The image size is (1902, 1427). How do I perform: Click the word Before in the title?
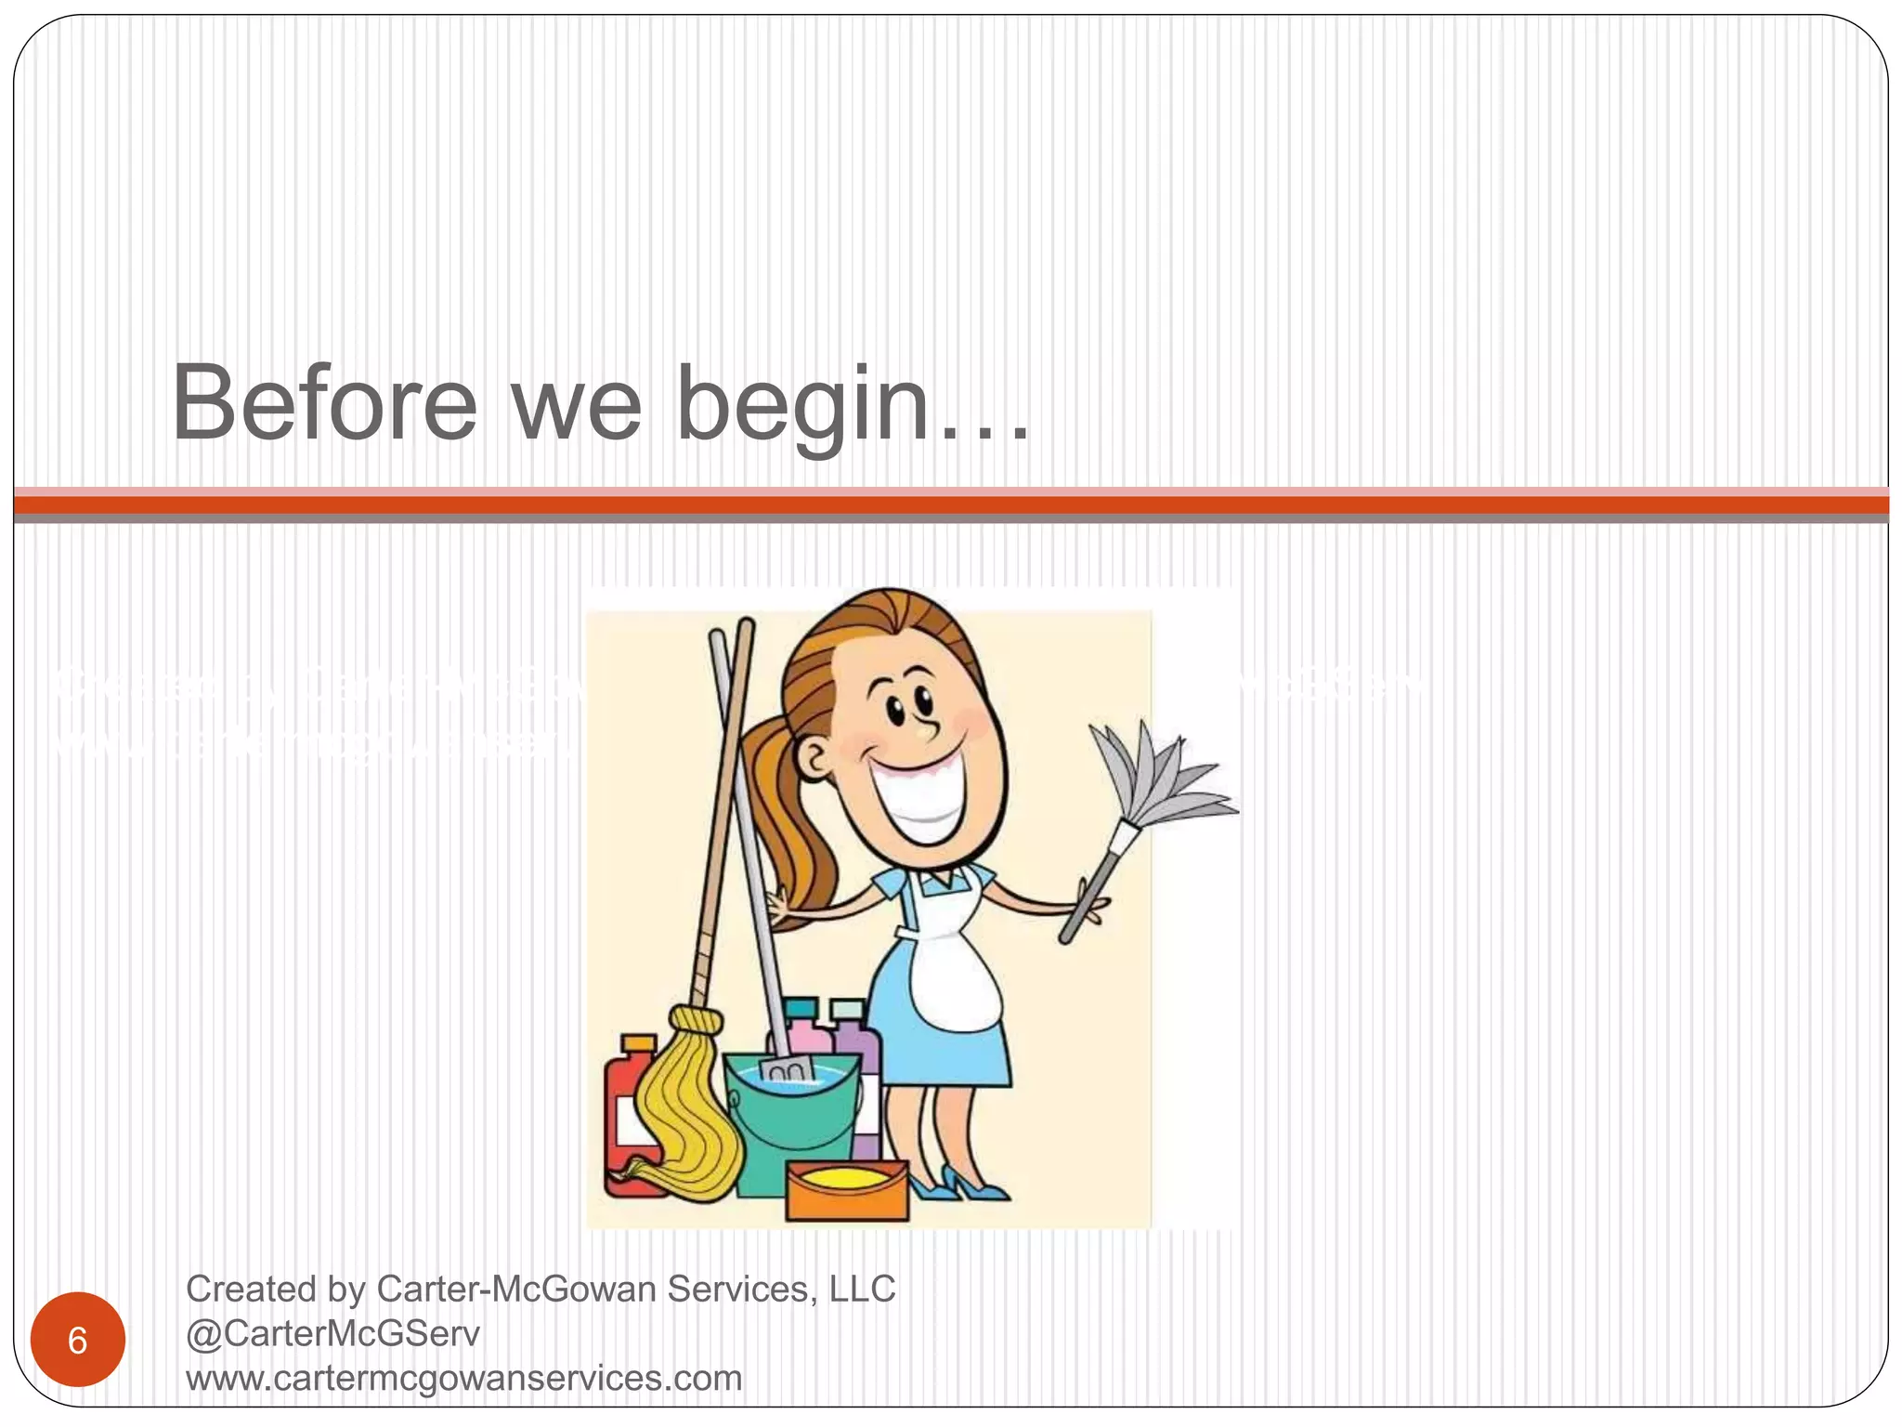(x=324, y=404)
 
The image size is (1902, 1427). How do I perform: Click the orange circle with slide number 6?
(x=78, y=1340)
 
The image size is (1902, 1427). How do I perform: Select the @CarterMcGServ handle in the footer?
(x=332, y=1333)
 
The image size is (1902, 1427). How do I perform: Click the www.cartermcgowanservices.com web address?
(x=463, y=1378)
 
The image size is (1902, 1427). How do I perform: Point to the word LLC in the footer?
(x=862, y=1290)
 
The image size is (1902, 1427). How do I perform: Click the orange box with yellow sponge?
(x=846, y=1189)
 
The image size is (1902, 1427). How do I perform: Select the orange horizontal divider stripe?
(x=951, y=505)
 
